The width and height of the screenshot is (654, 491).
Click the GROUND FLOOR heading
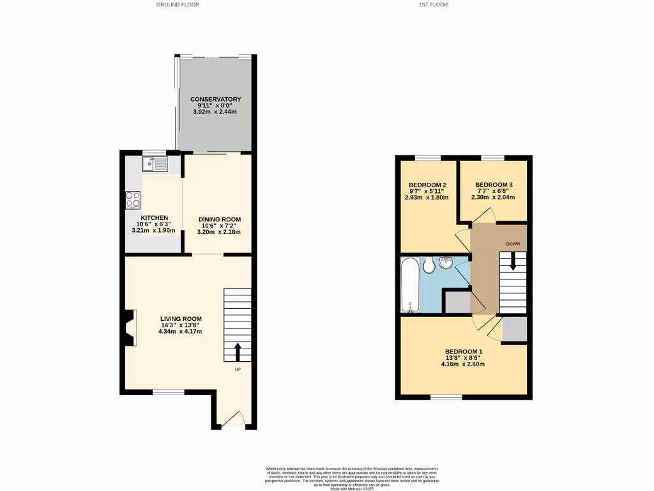click(178, 4)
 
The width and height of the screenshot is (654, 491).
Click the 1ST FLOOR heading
click(433, 4)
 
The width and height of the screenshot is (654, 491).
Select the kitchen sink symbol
click(155, 165)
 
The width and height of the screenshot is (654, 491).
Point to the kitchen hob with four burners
click(133, 200)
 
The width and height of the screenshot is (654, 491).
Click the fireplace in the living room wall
click(130, 327)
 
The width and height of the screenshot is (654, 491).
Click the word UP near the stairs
click(238, 370)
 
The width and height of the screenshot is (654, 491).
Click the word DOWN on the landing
click(513, 244)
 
